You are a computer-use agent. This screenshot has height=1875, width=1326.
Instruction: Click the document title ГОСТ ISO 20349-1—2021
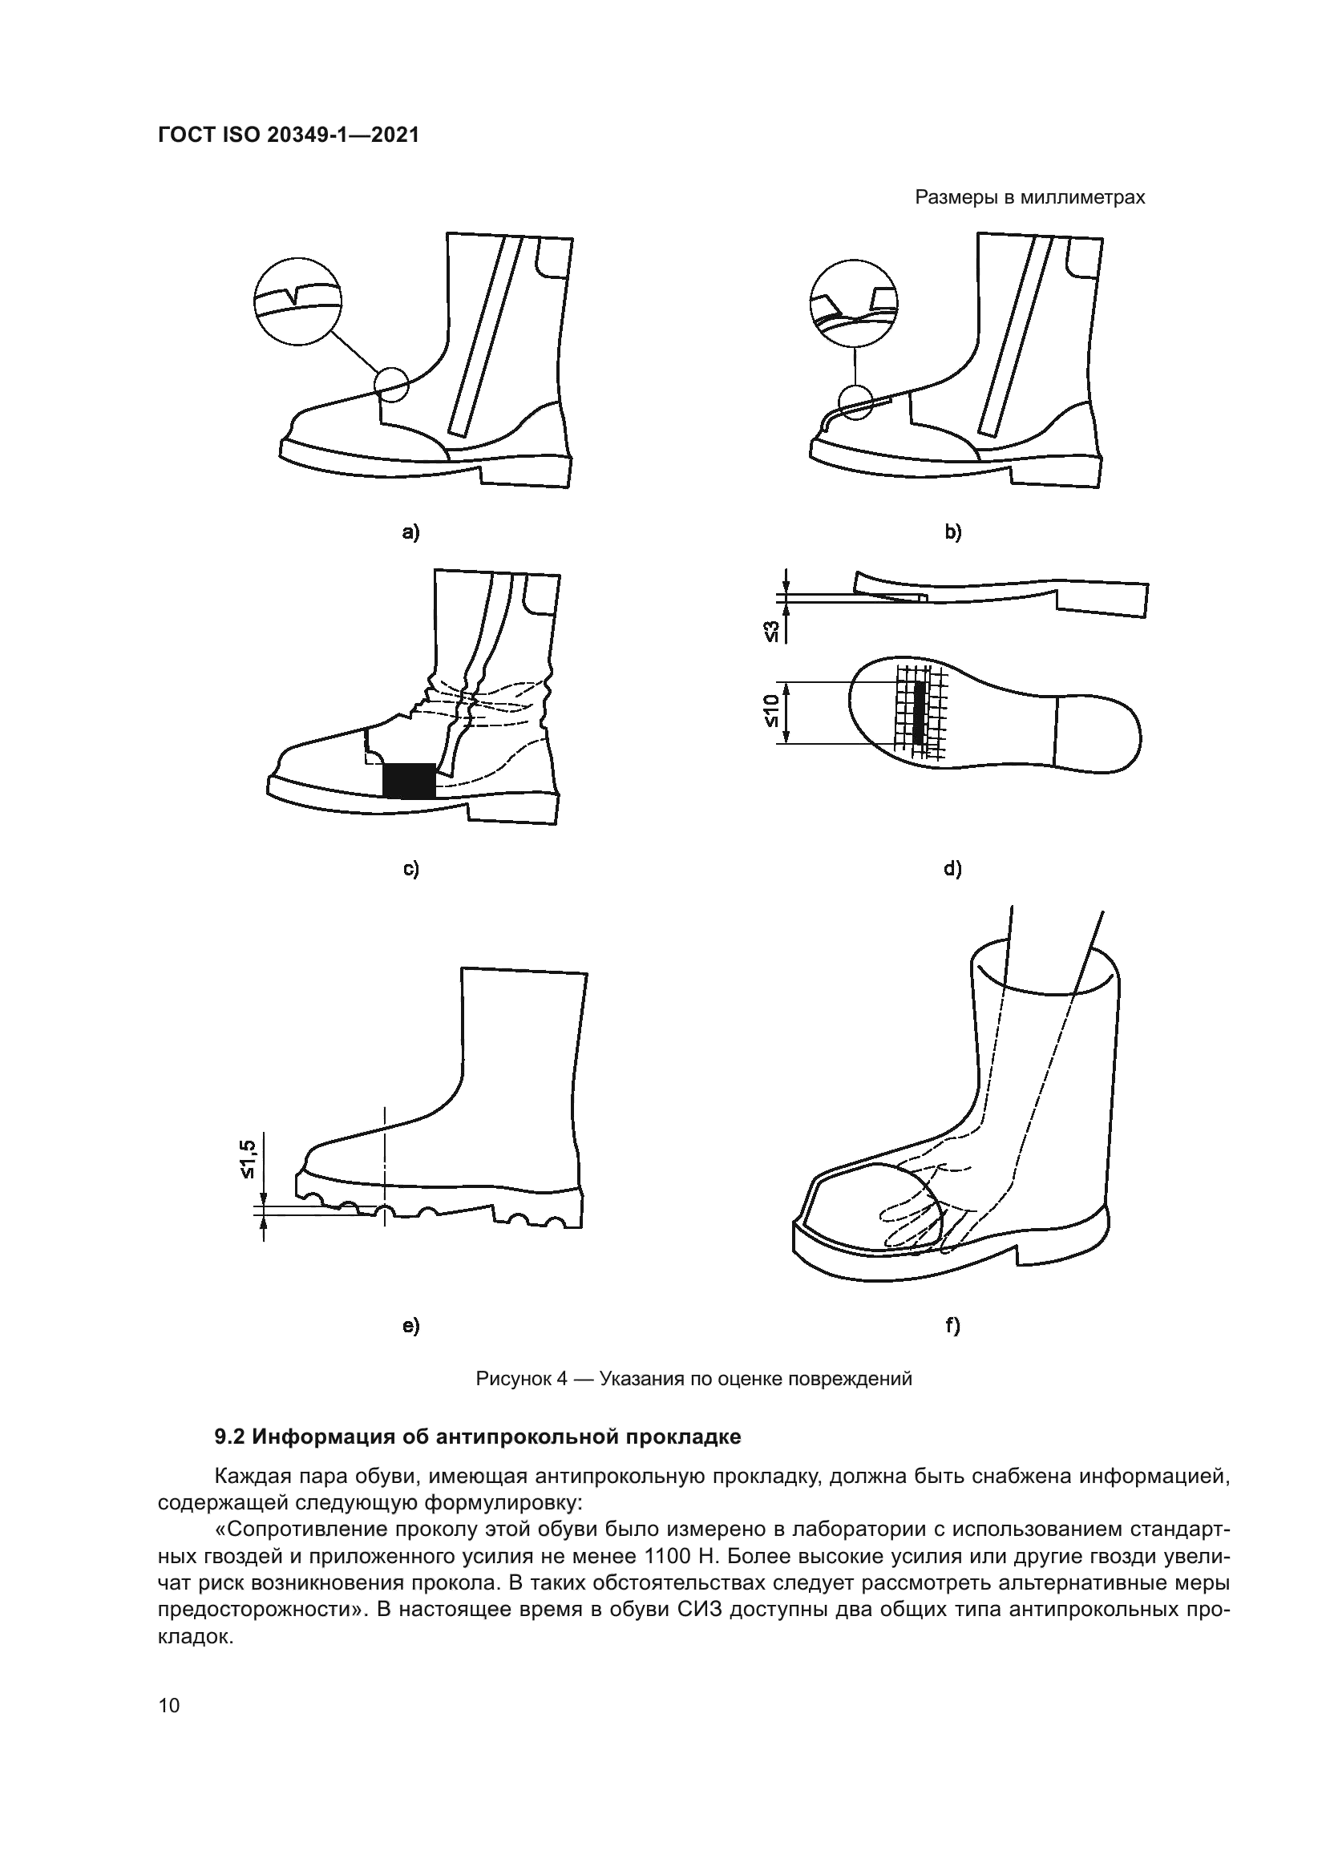pyautogui.click(x=289, y=135)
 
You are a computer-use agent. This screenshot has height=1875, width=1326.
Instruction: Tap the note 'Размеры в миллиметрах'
pyautogui.click(x=1029, y=198)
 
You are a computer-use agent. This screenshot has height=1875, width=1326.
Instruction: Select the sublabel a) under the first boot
pyautogui.click(x=410, y=533)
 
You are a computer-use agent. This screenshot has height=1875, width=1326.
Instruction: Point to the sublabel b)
pyautogui.click(x=953, y=533)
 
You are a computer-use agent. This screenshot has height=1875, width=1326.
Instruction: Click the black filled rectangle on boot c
pyautogui.click(x=409, y=781)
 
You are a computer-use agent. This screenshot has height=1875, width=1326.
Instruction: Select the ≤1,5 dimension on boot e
pyautogui.click(x=248, y=1159)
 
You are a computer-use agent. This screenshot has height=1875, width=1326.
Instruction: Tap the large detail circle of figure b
pyautogui.click(x=853, y=304)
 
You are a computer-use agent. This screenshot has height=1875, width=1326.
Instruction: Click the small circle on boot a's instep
pyautogui.click(x=391, y=383)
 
